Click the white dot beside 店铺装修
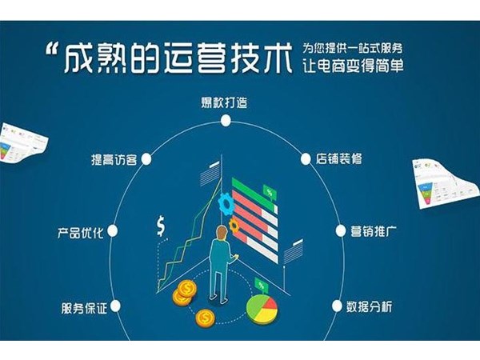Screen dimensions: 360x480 pos(307,158)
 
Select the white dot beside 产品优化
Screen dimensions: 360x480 pos(111,232)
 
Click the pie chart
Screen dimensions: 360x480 pos(260,309)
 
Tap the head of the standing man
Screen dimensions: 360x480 pos(220,233)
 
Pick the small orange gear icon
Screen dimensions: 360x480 pos(234,227)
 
